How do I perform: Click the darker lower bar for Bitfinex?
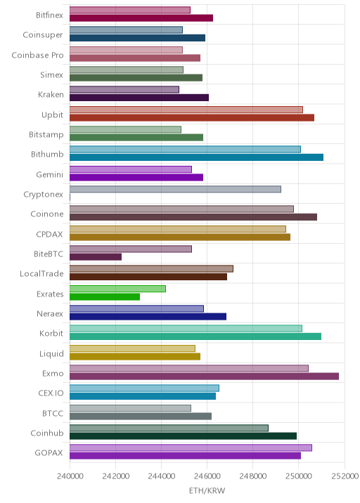pos(141,18)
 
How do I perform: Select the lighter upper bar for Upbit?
pos(186,110)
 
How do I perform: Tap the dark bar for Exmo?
pos(204,377)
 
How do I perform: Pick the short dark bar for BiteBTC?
pos(96,257)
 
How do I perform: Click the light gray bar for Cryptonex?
pos(175,189)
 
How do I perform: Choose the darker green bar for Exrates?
pos(105,296)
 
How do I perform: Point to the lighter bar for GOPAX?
pos(191,448)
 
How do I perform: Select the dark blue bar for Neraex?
pos(148,317)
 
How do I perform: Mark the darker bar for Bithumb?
pos(197,157)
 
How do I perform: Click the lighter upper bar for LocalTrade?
pos(152,269)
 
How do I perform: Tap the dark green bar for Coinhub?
pos(183,436)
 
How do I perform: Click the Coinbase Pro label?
pos(37,55)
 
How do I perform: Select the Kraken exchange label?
pos(51,95)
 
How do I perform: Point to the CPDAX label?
pos(49,234)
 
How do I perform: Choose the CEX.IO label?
pos(51,393)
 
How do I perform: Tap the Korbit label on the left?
pos(51,333)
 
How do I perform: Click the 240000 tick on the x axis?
pos(70,476)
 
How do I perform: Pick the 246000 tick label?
pos(207,476)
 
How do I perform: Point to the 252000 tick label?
pos(345,476)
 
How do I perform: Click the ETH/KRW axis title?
pos(207,491)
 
